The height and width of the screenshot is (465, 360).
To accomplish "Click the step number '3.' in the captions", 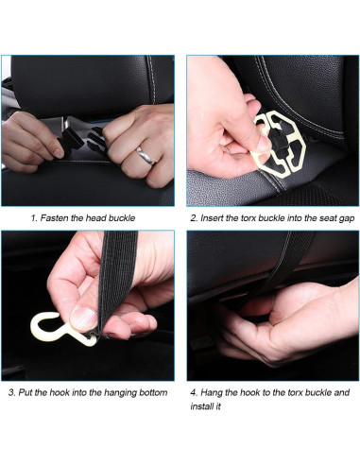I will pos(10,391).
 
